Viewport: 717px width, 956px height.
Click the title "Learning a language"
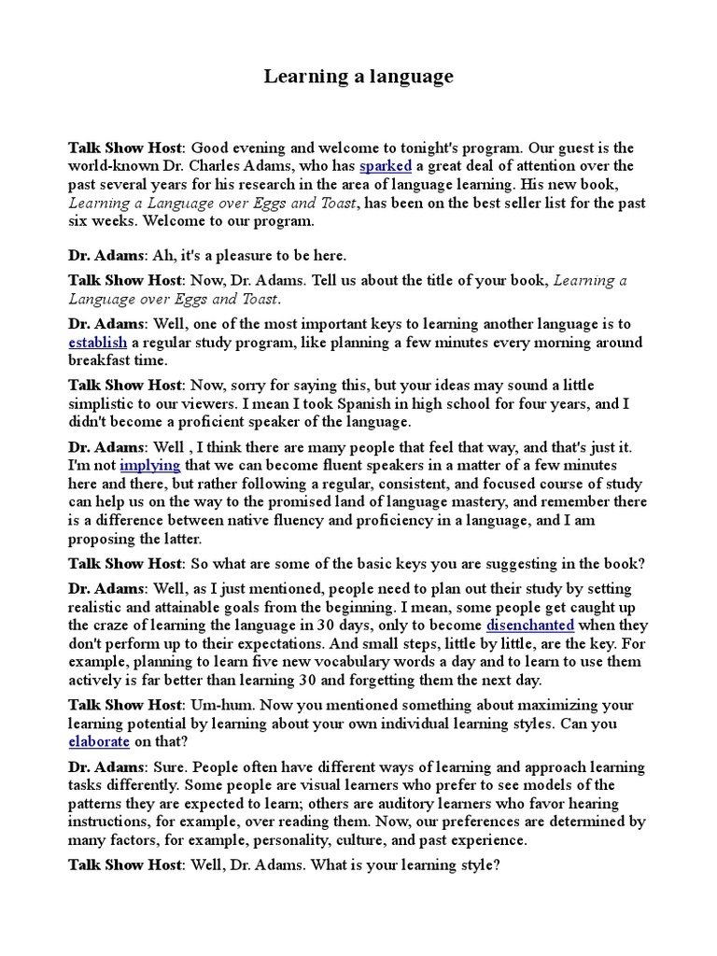coord(358,77)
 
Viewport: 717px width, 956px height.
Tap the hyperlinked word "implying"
coord(149,464)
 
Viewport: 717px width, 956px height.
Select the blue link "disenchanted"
coord(530,625)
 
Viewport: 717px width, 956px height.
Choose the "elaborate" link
coord(98,741)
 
